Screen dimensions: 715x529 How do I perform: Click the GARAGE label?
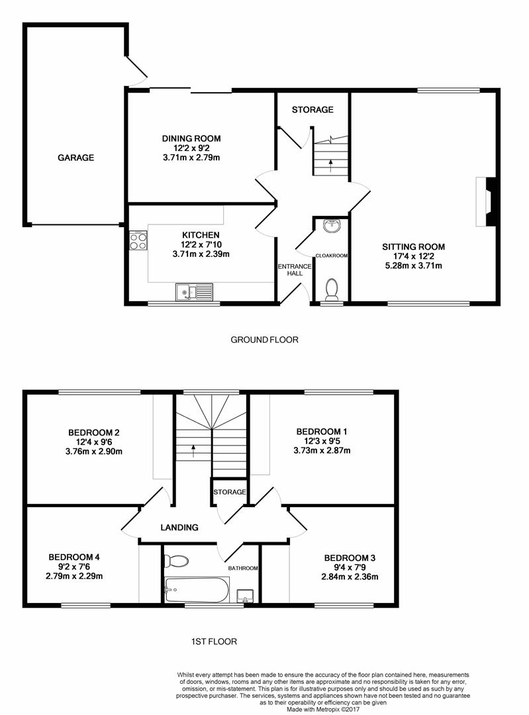(75, 158)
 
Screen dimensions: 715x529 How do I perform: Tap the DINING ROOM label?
(191, 138)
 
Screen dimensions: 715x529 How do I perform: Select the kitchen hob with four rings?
(138, 240)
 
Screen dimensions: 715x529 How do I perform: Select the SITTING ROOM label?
(413, 247)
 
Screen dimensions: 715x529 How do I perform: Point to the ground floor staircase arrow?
(332, 165)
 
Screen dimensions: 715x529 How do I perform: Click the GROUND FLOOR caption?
(264, 340)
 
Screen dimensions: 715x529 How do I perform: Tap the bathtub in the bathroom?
(197, 589)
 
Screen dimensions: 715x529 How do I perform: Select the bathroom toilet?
(177, 561)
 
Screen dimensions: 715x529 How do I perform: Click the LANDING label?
(179, 528)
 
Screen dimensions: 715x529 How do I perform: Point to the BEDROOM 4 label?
(73, 557)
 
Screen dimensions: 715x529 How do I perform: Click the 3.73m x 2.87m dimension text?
(322, 451)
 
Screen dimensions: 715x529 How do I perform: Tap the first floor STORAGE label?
(230, 493)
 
